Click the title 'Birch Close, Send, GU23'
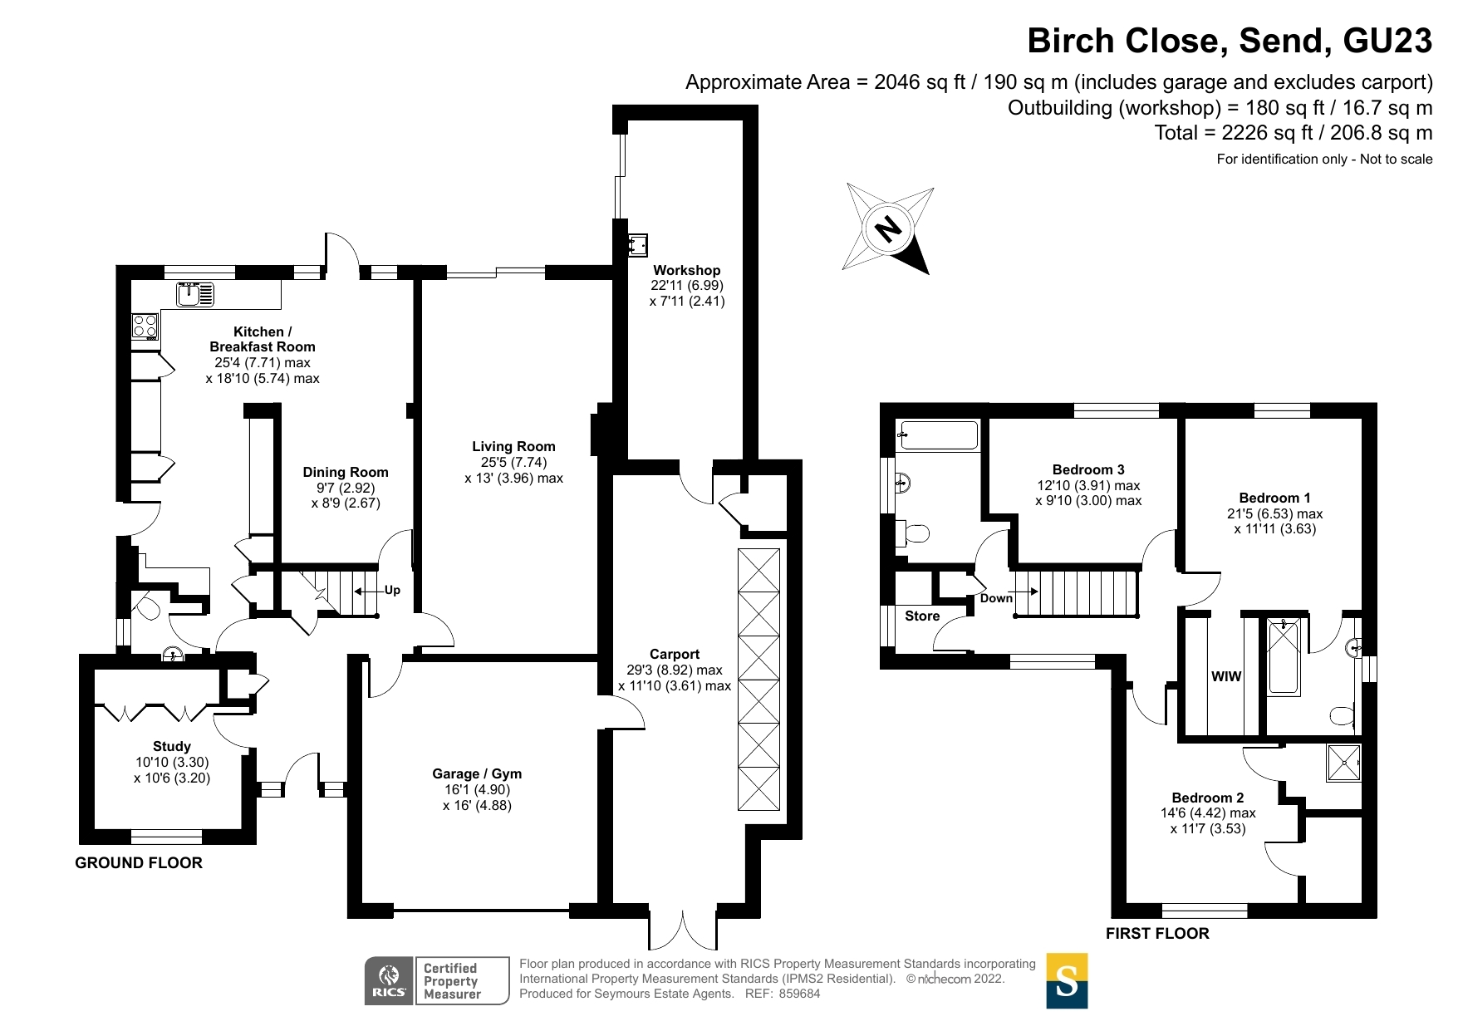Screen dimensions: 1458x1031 pyautogui.click(x=1230, y=41)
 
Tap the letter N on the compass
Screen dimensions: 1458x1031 pyautogui.click(x=889, y=228)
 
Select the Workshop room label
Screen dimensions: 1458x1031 pyautogui.click(x=686, y=270)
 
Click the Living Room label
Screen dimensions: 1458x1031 pyautogui.click(x=513, y=446)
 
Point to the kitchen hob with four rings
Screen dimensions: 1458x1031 pyautogui.click(x=145, y=326)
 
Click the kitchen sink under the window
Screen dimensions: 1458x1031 pyautogui.click(x=195, y=294)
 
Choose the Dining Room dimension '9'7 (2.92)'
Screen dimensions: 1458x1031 pyautogui.click(x=346, y=488)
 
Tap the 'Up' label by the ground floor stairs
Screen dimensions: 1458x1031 pyautogui.click(x=392, y=590)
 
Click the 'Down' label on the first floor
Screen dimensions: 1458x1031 pyautogui.click(x=996, y=598)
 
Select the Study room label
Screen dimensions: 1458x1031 pyautogui.click(x=172, y=746)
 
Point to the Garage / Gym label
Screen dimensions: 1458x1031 pyautogui.click(x=477, y=773)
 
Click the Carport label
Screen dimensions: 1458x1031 pyautogui.click(x=675, y=654)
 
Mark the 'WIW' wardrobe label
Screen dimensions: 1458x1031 pyautogui.click(x=1226, y=676)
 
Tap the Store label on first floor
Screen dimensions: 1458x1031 pyautogui.click(x=922, y=616)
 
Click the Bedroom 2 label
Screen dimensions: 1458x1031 pyautogui.click(x=1208, y=798)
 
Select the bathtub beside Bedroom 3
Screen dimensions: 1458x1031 pyautogui.click(x=938, y=436)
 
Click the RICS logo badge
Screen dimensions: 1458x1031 pyautogui.click(x=389, y=981)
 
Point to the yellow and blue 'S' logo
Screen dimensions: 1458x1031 pyautogui.click(x=1067, y=981)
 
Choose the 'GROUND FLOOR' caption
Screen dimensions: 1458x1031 pyautogui.click(x=139, y=862)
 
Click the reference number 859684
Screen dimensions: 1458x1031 pyautogui.click(x=799, y=994)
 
